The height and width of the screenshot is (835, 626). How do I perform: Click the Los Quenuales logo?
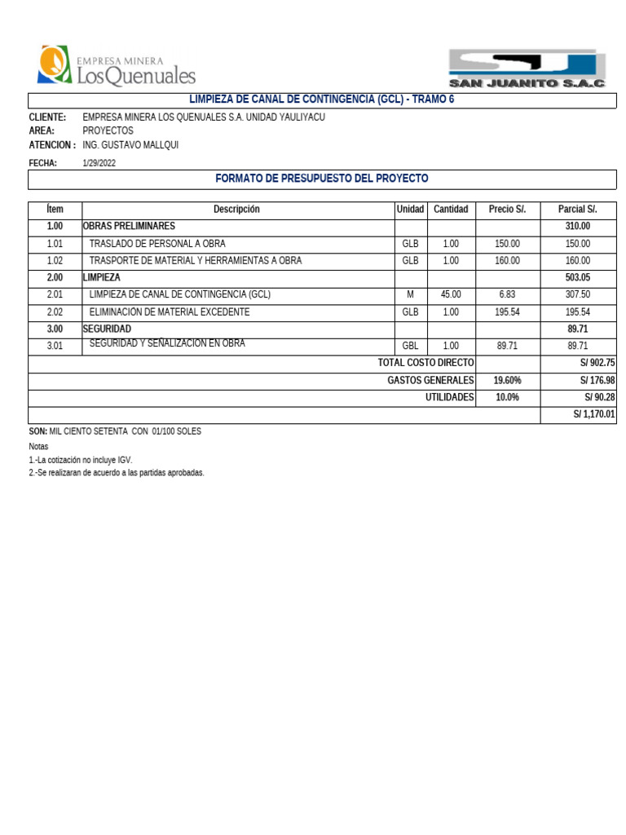point(117,67)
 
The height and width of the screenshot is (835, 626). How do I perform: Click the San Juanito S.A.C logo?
point(527,68)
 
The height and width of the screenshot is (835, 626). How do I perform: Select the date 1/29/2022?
point(99,163)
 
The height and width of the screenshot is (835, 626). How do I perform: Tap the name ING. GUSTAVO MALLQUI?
point(130,145)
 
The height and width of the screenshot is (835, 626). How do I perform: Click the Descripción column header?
point(236,210)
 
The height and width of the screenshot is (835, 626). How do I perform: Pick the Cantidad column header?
point(451,210)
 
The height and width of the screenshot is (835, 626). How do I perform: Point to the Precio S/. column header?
point(507,210)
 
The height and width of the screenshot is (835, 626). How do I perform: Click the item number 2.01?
point(55,295)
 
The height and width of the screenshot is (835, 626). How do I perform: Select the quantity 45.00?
point(451,295)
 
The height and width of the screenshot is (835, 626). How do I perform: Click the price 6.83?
point(507,295)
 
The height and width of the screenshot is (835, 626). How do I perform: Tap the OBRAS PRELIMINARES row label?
point(129,227)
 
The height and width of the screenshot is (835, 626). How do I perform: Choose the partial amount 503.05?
point(577,278)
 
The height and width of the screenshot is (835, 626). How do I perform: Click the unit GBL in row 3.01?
point(410,347)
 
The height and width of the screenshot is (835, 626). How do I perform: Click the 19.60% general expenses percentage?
point(507,381)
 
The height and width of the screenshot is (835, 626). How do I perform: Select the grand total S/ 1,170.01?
point(594,415)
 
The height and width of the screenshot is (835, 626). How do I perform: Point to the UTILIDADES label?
point(449,398)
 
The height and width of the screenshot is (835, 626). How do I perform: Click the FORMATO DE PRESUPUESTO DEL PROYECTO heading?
point(321,179)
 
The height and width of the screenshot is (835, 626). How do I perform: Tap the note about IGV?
point(81,460)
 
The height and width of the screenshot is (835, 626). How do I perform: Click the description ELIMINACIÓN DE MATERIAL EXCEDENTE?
point(170,312)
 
